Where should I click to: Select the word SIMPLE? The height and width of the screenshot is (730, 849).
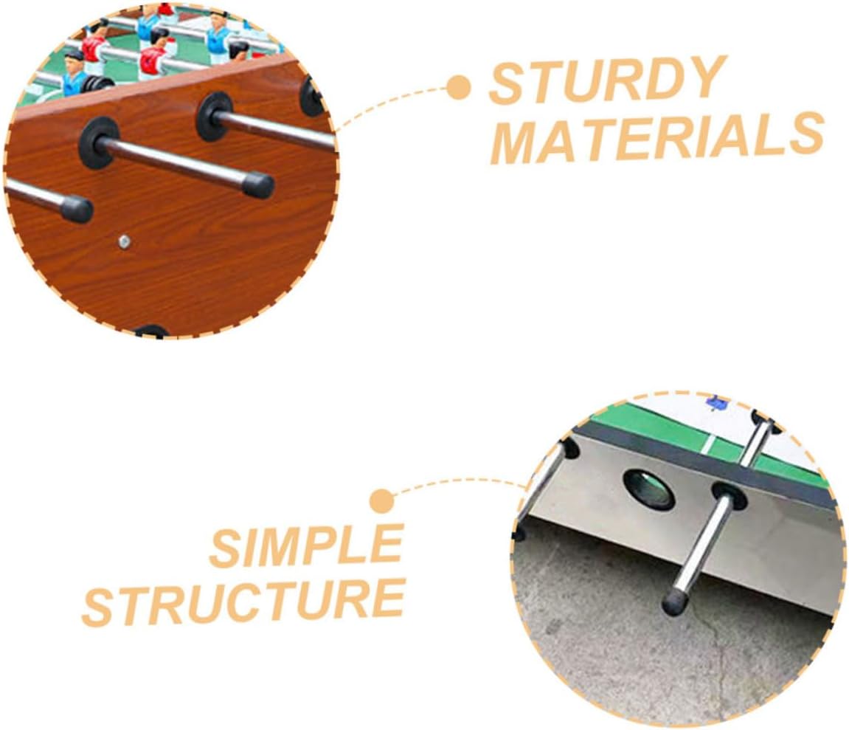pos(305,546)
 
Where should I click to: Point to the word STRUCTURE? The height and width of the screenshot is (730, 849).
pos(243,602)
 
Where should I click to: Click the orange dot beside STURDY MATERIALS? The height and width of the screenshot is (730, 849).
pos(459,88)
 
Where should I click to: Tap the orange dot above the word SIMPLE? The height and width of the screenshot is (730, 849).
pos(381,502)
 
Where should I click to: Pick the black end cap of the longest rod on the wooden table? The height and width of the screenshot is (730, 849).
pos(257,184)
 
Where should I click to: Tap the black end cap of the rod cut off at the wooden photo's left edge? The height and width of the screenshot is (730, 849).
pos(76,209)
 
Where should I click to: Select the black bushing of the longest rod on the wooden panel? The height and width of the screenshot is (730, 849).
pos(98,141)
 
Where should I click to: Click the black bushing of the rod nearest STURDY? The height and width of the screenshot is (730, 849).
pos(312,95)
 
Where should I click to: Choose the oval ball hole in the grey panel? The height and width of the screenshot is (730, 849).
pos(648,489)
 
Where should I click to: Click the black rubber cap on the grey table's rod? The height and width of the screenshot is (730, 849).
pos(674,602)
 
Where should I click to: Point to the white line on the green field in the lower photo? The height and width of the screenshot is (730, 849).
pos(707,444)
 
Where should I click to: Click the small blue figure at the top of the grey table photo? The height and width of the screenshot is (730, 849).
pos(715,402)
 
